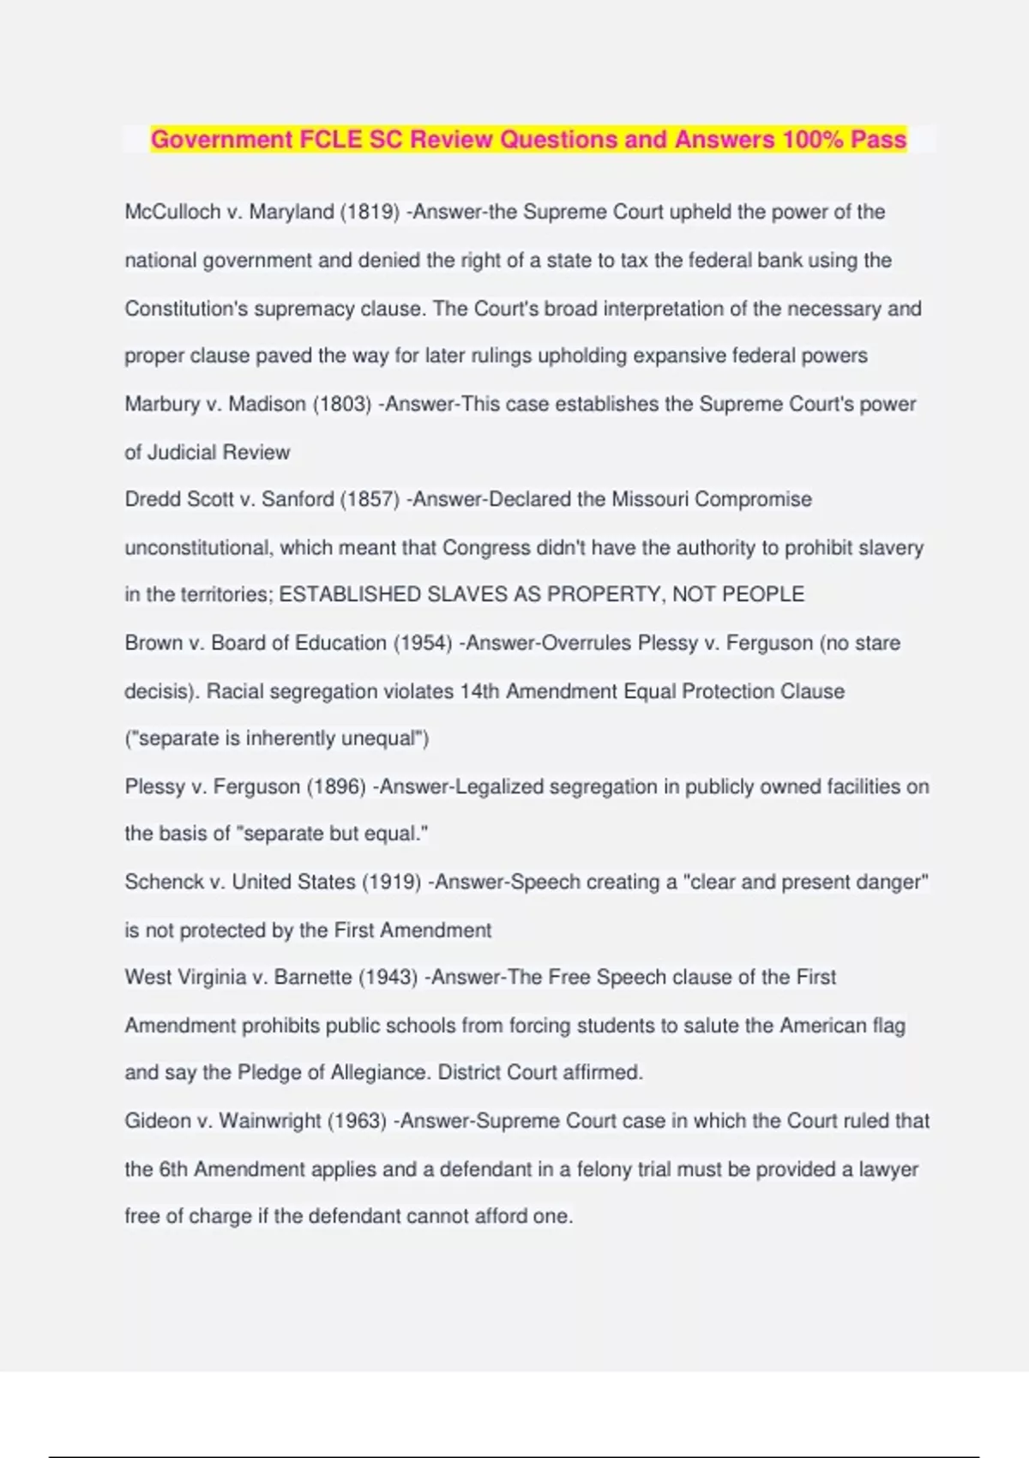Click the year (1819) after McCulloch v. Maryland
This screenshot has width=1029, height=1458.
[x=370, y=212]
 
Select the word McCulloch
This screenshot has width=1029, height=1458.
[x=172, y=212]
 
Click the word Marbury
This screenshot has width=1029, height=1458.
[x=161, y=404]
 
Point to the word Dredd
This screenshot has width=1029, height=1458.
[x=150, y=499]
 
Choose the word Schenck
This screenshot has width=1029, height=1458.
[x=164, y=882]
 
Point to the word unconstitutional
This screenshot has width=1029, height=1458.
[x=197, y=547]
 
